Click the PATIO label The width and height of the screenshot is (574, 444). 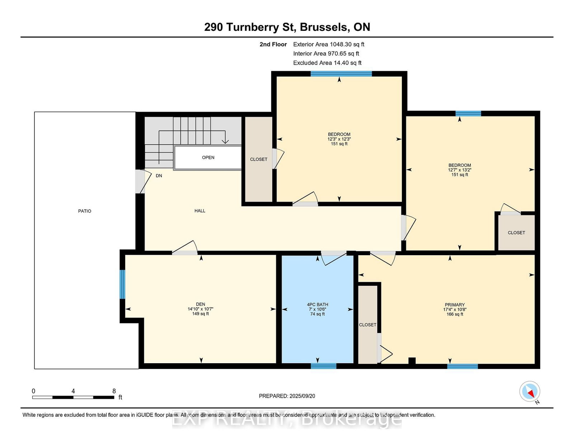tap(85, 211)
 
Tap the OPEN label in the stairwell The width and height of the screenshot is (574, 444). tap(208, 158)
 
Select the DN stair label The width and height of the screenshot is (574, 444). tap(159, 176)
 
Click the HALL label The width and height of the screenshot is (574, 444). tap(200, 211)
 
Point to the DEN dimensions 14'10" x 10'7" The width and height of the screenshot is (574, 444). tap(201, 309)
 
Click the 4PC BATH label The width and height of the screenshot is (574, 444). tap(317, 304)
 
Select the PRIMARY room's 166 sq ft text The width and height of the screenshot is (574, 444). tap(455, 314)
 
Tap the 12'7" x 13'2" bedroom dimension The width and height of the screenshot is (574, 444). tap(460, 170)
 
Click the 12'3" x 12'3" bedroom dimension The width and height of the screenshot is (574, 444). tap(339, 139)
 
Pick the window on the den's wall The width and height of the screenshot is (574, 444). tap(122, 284)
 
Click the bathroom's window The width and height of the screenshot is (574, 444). tap(324, 366)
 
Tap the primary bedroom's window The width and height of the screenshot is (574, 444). tap(462, 366)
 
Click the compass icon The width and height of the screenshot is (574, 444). tap(530, 391)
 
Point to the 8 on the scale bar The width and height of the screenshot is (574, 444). tap(114, 391)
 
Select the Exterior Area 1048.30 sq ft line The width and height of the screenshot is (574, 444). tap(329, 45)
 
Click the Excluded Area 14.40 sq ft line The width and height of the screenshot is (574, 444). tap(327, 63)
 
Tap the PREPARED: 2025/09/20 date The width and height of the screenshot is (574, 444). tap(287, 396)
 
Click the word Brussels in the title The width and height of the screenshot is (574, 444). tap(324, 27)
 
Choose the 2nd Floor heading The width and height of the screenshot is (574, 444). tap(273, 45)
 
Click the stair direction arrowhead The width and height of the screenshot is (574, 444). tap(225, 141)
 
